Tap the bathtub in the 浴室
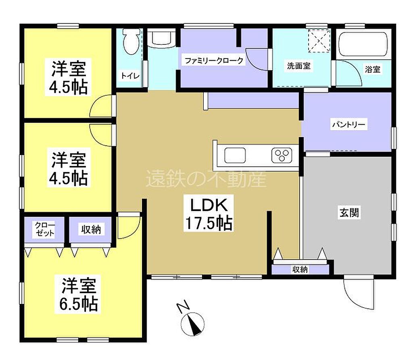(x=363, y=44)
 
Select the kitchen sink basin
(x=235, y=155)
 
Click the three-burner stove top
(x=282, y=155)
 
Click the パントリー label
(x=348, y=124)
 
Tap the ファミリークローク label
(x=214, y=61)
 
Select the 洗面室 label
(x=298, y=66)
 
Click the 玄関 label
(x=349, y=212)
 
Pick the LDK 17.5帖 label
(x=209, y=214)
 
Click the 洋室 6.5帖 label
(x=79, y=295)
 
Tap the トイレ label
(x=130, y=76)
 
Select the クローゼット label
(x=45, y=229)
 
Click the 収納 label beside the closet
(x=91, y=229)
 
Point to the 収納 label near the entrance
(x=300, y=269)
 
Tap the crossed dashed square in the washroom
(x=319, y=41)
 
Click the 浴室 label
(x=373, y=69)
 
